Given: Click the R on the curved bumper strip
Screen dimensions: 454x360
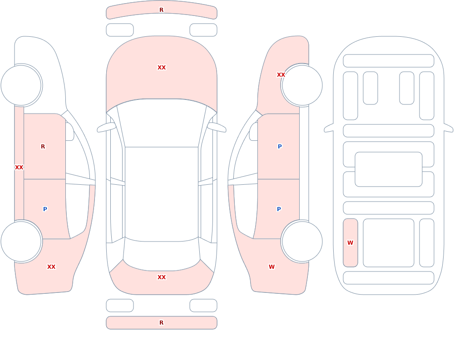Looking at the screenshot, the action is click(161, 10).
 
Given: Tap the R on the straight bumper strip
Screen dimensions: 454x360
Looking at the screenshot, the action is click(161, 323).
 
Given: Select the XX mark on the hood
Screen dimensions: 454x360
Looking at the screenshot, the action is click(162, 68).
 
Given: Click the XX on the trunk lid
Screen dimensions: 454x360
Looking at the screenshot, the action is click(162, 277).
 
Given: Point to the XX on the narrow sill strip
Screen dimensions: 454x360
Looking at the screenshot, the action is click(19, 168).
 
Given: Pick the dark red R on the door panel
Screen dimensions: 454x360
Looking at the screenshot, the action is click(43, 147).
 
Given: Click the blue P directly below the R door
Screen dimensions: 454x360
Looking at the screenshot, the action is click(45, 209).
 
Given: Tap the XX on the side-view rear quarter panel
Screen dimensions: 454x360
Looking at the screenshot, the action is click(51, 267).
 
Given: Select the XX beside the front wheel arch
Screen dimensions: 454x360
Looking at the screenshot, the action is click(281, 75).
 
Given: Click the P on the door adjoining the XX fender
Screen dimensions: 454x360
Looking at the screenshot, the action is click(280, 147).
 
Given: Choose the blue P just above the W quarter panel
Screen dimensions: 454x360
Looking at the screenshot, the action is click(279, 209).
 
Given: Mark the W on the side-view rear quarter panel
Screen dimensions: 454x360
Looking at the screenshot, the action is click(271, 267).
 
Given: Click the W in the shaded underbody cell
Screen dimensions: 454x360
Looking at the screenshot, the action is click(350, 243).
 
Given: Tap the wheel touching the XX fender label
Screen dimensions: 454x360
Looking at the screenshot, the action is click(302, 85).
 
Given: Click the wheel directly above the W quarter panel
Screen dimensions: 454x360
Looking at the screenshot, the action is click(302, 241).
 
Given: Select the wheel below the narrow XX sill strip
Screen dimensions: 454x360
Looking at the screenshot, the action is click(21, 241).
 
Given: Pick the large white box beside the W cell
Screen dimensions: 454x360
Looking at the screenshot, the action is click(389, 243).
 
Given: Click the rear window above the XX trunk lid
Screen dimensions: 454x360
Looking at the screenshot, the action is click(162, 255).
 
